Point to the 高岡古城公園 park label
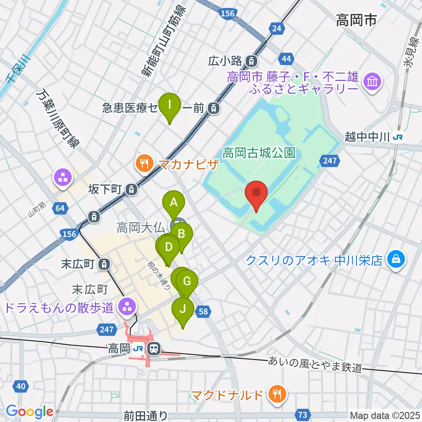(x=258, y=153)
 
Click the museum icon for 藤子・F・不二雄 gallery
(x=373, y=81)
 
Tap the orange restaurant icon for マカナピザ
(x=143, y=164)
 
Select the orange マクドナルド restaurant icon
(x=277, y=393)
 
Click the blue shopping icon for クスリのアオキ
(x=396, y=259)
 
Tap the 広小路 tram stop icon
(x=252, y=60)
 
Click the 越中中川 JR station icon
(x=398, y=137)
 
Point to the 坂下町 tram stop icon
(x=131, y=189)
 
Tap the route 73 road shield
(x=302, y=414)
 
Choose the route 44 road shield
(x=286, y=58)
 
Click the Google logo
(x=30, y=412)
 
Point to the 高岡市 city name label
(x=356, y=20)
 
